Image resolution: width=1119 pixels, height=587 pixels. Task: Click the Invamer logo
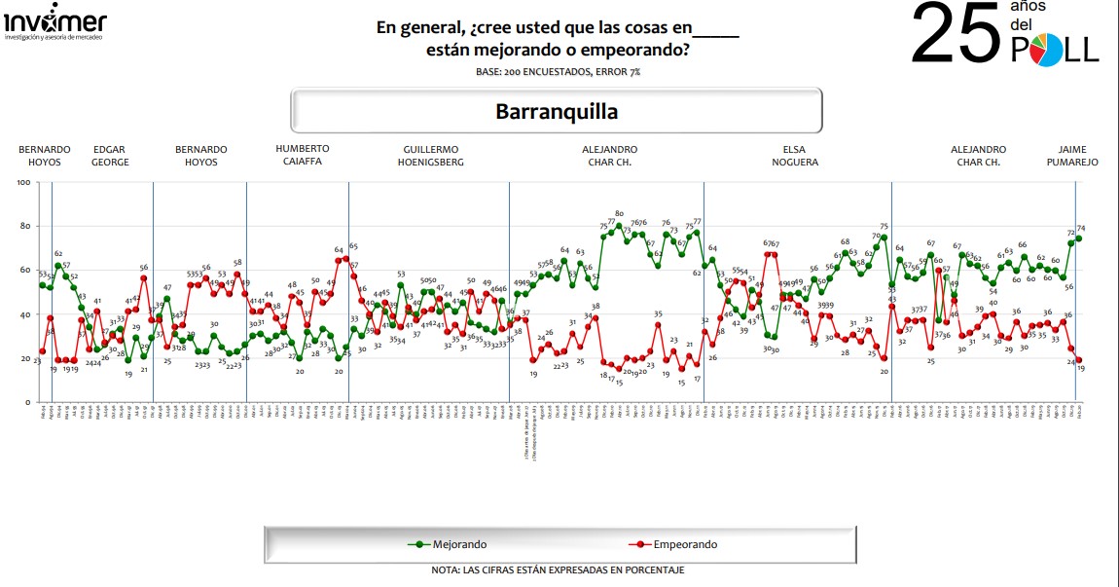click(x=54, y=24)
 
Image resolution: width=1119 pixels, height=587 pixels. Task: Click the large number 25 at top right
click(x=955, y=33)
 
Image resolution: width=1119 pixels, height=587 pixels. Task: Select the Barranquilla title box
click(x=557, y=111)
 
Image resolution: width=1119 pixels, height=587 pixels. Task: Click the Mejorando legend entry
click(x=449, y=544)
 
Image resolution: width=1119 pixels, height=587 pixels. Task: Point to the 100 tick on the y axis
click(x=22, y=182)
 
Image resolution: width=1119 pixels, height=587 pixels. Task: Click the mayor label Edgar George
click(x=110, y=156)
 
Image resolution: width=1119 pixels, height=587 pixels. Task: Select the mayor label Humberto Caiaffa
click(x=303, y=156)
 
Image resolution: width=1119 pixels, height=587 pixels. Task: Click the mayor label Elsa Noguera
click(x=787, y=156)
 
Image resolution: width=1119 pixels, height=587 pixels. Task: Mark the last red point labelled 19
click(x=1079, y=360)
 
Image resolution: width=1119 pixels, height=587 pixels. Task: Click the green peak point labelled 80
click(x=619, y=226)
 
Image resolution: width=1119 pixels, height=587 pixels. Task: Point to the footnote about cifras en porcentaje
click(x=558, y=569)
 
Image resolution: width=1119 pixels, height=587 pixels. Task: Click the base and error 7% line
click(x=558, y=72)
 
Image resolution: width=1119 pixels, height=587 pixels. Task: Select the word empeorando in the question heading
click(x=639, y=49)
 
